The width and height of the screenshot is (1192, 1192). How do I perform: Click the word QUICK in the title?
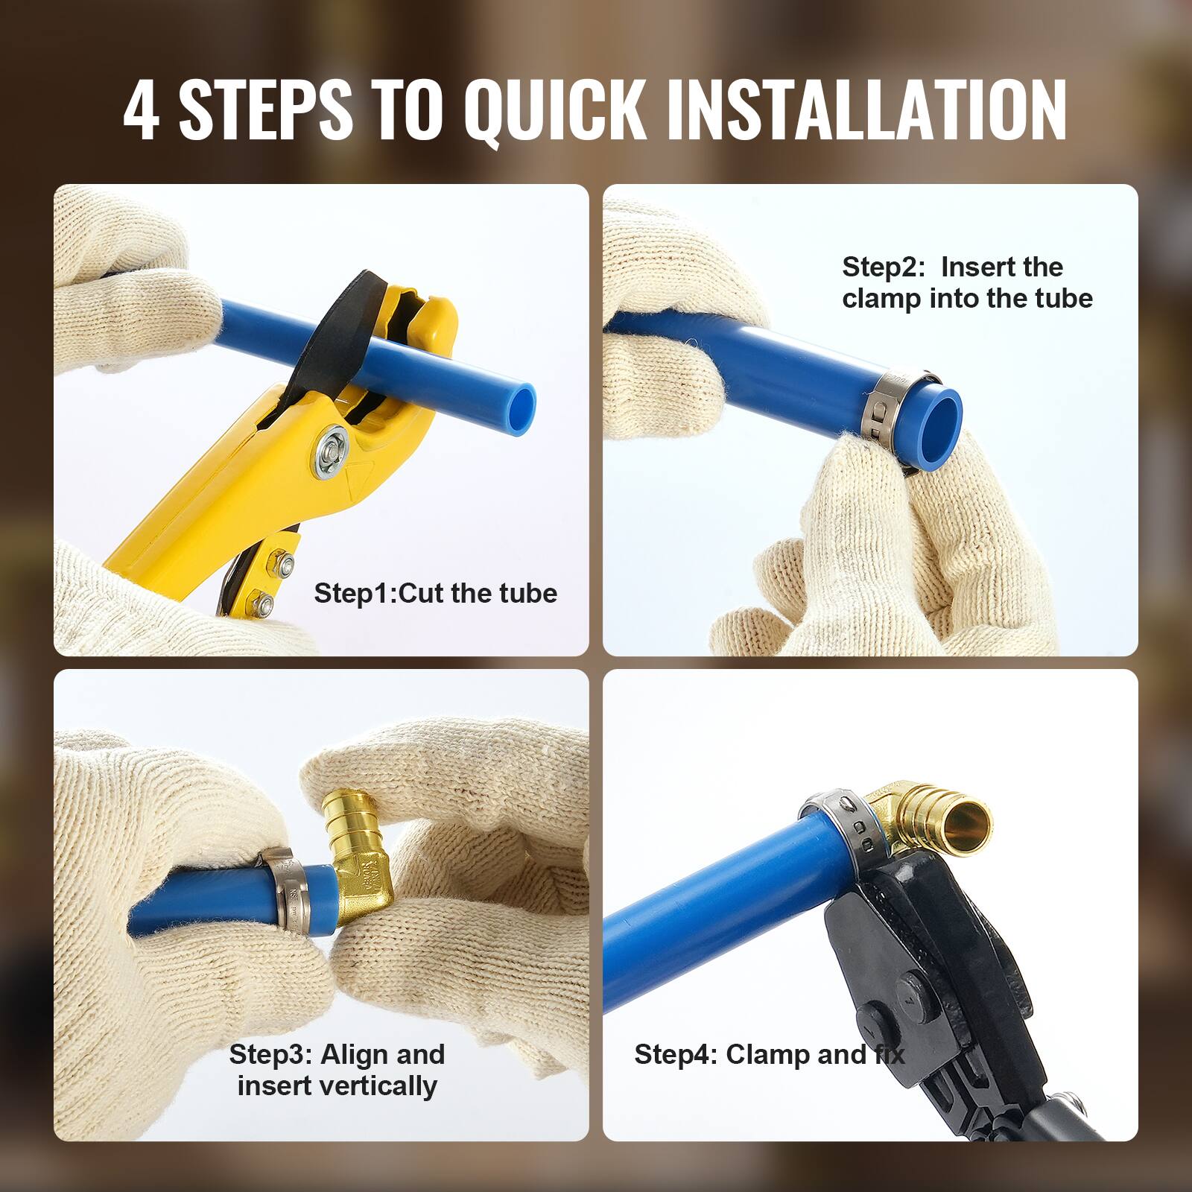coord(555,110)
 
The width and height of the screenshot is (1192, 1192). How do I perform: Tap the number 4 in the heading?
coord(141,110)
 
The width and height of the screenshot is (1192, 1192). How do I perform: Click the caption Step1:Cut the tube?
coord(435,594)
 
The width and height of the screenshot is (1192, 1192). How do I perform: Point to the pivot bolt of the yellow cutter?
coord(331,451)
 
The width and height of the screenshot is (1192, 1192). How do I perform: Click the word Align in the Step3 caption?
coord(355,1055)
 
